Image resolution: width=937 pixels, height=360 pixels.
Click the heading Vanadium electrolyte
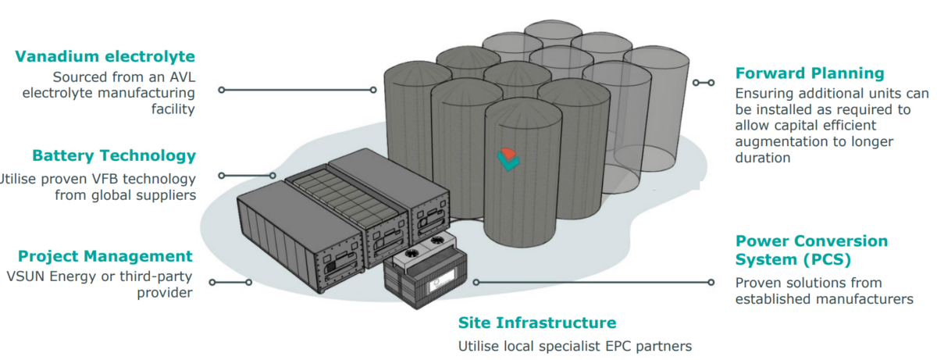click(x=105, y=56)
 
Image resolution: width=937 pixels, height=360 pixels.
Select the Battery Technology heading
click(x=114, y=155)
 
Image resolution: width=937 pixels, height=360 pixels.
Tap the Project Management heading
click(x=105, y=256)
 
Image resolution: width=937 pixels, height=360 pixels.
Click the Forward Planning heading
click(x=810, y=73)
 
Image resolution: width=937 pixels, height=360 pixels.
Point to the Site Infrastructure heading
click(x=536, y=323)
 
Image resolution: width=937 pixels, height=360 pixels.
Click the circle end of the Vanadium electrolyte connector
click(x=221, y=90)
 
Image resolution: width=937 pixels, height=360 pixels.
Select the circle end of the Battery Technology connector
click(x=221, y=176)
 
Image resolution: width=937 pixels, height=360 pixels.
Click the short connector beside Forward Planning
click(x=703, y=82)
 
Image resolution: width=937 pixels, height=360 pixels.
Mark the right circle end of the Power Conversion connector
click(x=711, y=282)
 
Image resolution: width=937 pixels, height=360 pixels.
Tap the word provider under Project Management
click(x=163, y=293)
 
